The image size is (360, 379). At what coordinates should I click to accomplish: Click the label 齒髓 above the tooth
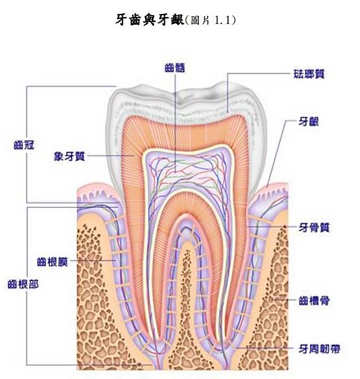[x=174, y=68]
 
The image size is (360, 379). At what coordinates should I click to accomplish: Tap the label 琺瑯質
[x=309, y=74]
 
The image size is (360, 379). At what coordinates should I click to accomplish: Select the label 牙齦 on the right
[x=309, y=121]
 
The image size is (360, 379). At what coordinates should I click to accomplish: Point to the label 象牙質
[x=69, y=157]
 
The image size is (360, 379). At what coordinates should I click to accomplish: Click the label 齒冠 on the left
[x=24, y=145]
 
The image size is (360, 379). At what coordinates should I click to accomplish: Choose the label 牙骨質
[x=314, y=227]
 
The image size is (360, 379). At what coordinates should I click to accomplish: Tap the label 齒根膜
[x=52, y=262]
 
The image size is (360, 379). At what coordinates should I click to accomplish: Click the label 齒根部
[x=23, y=284]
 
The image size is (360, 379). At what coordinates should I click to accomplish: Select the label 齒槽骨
[x=314, y=301]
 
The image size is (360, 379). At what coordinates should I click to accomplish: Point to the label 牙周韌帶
[x=319, y=349]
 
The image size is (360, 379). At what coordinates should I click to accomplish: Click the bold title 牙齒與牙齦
[x=150, y=20]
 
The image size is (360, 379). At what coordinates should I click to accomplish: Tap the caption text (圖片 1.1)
[x=210, y=20]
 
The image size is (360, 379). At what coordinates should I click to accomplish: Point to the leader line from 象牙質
[x=111, y=156]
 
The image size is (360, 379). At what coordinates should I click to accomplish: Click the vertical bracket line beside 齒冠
[x=27, y=144]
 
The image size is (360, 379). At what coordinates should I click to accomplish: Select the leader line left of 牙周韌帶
[x=267, y=348]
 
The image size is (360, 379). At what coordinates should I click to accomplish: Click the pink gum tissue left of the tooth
[x=97, y=191]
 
